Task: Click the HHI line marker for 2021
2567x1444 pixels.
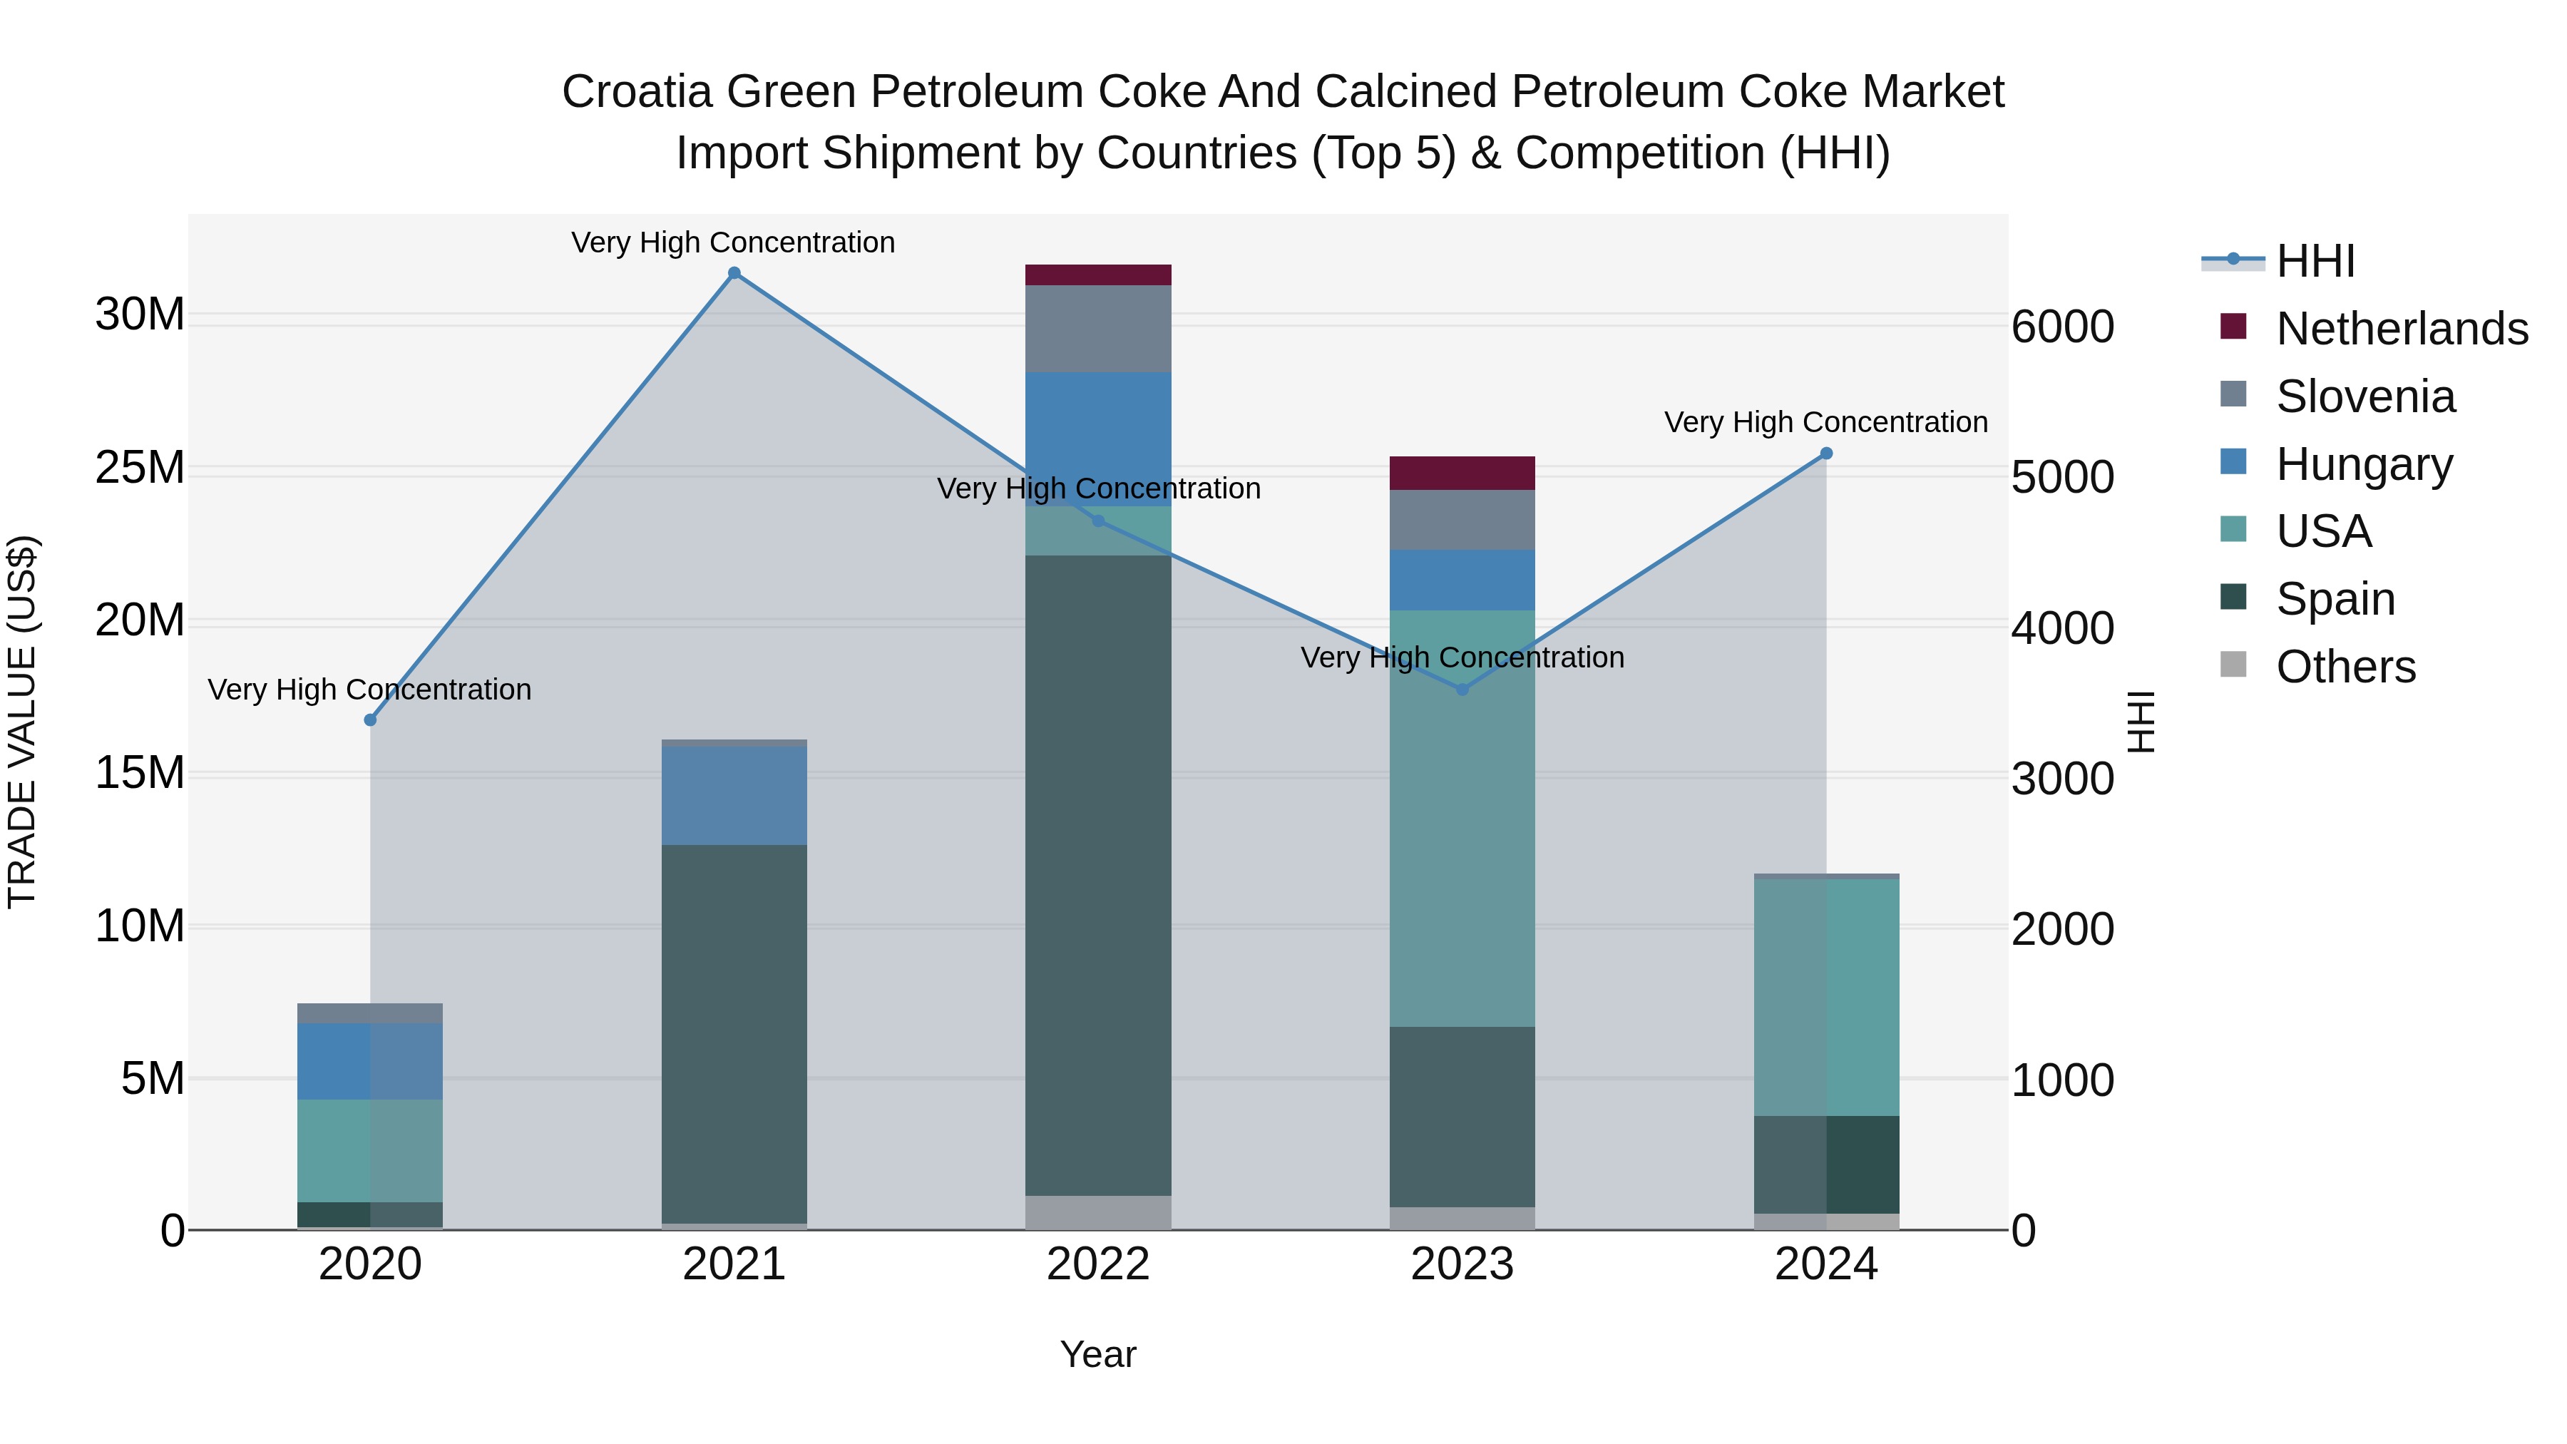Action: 734,273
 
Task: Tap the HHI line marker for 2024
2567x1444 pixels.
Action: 1827,454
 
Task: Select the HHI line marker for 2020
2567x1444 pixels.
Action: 371,720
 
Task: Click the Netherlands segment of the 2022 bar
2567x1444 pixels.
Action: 1098,275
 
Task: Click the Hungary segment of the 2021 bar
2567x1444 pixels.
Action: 734,795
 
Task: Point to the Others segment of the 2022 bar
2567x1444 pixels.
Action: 1098,1213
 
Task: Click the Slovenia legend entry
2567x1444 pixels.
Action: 2364,396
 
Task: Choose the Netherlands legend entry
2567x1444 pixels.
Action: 2401,329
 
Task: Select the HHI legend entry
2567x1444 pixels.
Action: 2315,261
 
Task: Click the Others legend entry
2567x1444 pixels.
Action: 2345,667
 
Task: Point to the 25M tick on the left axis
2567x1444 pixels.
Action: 140,467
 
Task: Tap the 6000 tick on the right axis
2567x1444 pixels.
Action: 2061,327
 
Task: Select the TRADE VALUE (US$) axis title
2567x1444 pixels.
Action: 23,722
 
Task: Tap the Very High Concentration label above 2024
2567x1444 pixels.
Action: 1825,423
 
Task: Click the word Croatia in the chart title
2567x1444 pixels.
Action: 637,92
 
